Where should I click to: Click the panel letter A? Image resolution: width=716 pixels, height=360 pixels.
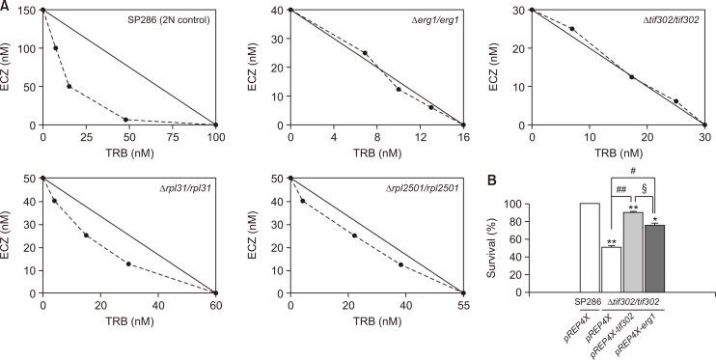click(x=6, y=6)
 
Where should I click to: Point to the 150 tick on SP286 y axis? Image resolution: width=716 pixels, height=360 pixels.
click(x=26, y=11)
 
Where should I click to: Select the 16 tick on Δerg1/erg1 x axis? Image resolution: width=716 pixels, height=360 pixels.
click(x=463, y=137)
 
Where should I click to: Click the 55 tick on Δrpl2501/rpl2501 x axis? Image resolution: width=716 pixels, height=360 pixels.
click(x=463, y=305)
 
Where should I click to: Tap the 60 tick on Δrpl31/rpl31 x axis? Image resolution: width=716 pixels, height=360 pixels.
click(x=215, y=305)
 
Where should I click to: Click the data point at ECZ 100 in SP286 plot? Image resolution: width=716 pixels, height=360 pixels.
click(x=55, y=48)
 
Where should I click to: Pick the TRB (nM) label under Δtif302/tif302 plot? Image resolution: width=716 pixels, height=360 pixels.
click(x=618, y=152)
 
